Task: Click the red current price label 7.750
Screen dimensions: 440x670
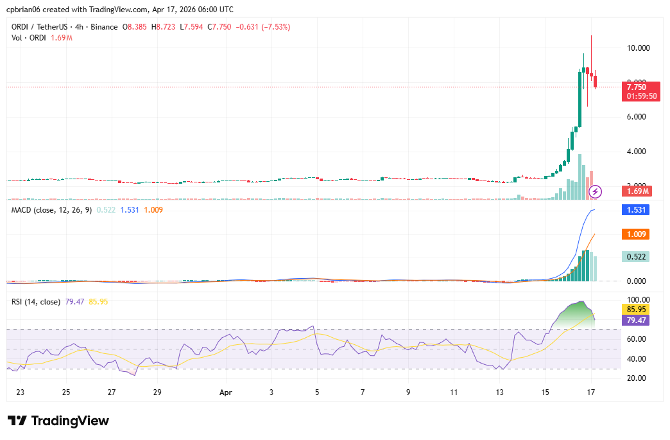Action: pyautogui.click(x=636, y=87)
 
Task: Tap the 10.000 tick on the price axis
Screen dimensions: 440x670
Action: pyautogui.click(x=638, y=48)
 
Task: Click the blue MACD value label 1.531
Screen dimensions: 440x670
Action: pyautogui.click(x=636, y=209)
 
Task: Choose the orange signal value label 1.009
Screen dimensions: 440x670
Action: pyautogui.click(x=636, y=234)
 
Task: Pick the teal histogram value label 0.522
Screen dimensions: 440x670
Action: pyautogui.click(x=636, y=256)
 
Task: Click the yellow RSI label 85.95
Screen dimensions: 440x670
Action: pyautogui.click(x=636, y=310)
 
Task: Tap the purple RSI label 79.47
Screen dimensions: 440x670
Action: pyautogui.click(x=636, y=320)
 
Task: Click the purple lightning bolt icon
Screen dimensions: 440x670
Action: pyautogui.click(x=596, y=191)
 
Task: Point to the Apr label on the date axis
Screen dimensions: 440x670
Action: pyautogui.click(x=225, y=391)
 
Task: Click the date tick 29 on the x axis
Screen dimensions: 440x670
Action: pyautogui.click(x=157, y=391)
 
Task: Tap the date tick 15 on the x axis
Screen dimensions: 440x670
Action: pyautogui.click(x=545, y=391)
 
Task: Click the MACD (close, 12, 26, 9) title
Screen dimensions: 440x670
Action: pyautogui.click(x=51, y=209)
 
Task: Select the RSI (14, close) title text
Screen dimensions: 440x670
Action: pyautogui.click(x=36, y=301)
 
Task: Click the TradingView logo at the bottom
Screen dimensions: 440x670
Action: pyautogui.click(x=58, y=421)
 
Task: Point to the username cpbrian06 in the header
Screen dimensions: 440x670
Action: pyautogui.click(x=24, y=10)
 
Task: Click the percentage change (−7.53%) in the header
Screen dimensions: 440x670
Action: pyautogui.click(x=273, y=27)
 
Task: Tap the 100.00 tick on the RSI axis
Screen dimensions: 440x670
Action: pyautogui.click(x=638, y=299)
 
